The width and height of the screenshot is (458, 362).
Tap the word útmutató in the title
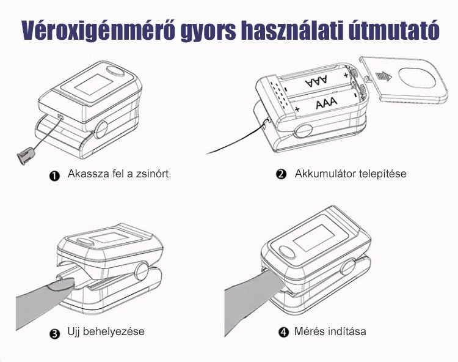coord(394,30)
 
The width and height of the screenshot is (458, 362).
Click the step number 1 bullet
coord(54,176)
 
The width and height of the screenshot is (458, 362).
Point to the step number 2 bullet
coord(281,174)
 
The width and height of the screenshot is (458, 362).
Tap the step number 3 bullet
coord(54,334)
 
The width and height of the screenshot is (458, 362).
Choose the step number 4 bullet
coord(283,332)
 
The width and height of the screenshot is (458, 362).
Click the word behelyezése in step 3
coord(114,331)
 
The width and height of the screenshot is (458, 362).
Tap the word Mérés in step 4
coord(310,331)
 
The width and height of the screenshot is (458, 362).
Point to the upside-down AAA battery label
coord(316,80)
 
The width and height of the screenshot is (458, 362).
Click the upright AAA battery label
coord(326,103)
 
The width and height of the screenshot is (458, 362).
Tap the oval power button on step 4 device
coord(287,253)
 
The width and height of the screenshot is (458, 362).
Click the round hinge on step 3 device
coord(142,271)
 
